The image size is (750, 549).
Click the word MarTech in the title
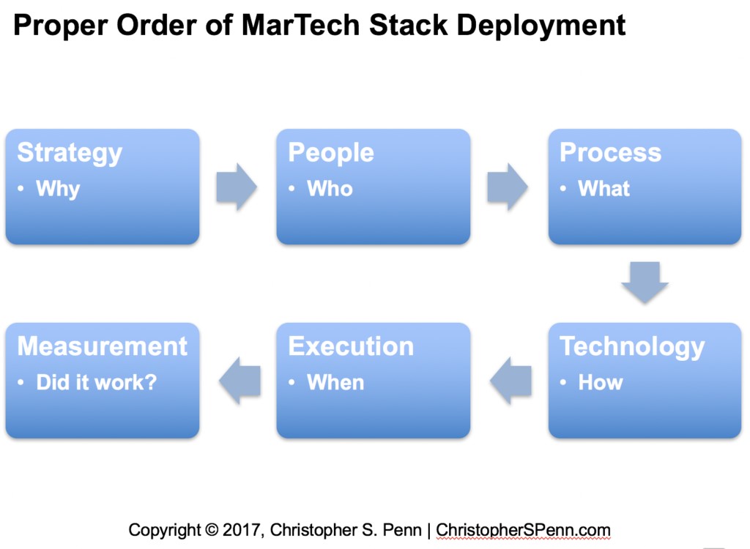[x=302, y=25]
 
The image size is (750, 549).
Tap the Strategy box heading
[x=70, y=153]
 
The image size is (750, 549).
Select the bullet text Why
[x=58, y=189]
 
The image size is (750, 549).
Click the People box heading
[x=331, y=153]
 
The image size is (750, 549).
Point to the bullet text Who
[x=330, y=188]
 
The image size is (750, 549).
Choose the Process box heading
[x=610, y=152]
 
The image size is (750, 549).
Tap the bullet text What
[x=604, y=188]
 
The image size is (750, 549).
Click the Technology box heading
[x=632, y=347]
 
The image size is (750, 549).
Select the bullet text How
[x=601, y=382]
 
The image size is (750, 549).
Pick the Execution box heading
[x=351, y=346]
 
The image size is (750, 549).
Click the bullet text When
[x=335, y=382]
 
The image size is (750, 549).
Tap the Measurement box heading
[x=102, y=346]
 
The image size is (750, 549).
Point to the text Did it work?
[x=97, y=382]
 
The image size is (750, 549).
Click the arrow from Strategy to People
[x=237, y=187]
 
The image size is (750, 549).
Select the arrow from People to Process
[x=508, y=187]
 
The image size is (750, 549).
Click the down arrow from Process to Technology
[x=645, y=282]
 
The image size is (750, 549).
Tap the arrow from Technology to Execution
[x=510, y=381]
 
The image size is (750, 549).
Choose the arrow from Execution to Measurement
[x=240, y=381]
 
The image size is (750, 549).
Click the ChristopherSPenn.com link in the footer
[x=523, y=530]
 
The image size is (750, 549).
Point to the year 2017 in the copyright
[x=242, y=530]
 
